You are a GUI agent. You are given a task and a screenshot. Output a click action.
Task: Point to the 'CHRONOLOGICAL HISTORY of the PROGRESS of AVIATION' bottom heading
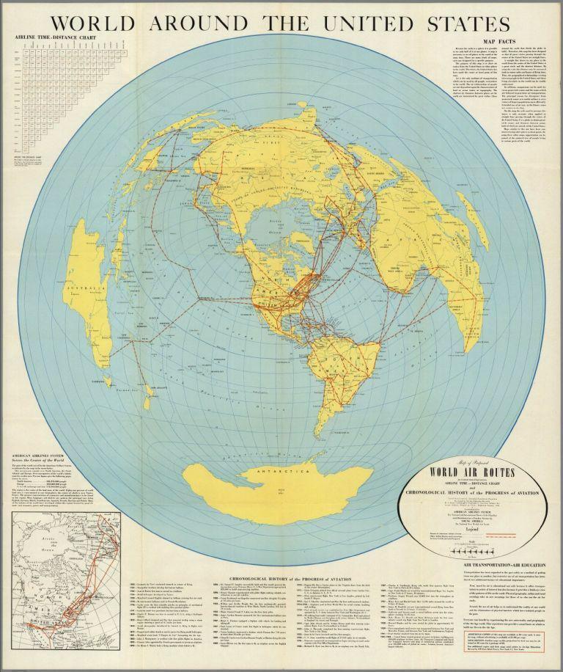pyautogui.click(x=290, y=560)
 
